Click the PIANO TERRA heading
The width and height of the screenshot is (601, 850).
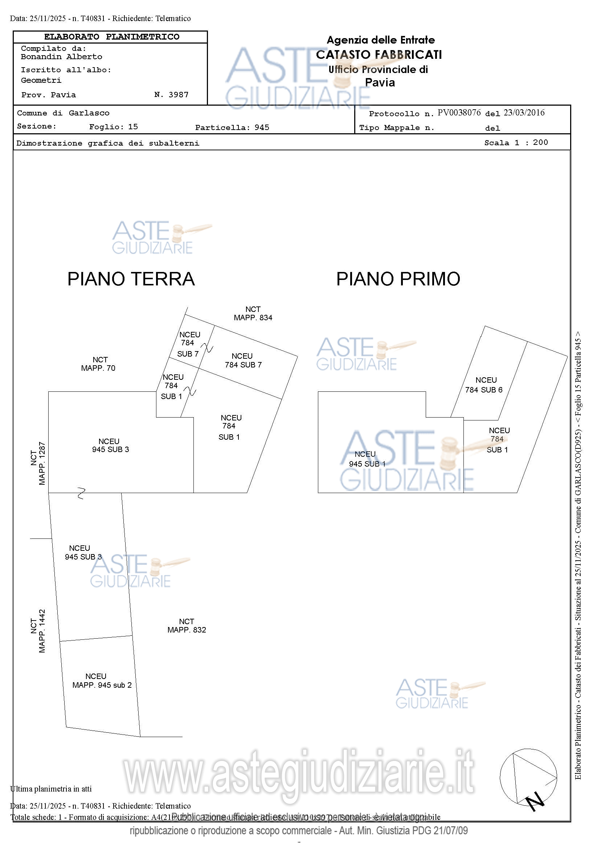(131, 279)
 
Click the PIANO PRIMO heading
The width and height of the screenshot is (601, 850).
(398, 279)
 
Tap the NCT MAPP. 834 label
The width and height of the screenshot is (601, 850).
(253, 313)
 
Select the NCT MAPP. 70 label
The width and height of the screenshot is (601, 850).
(99, 364)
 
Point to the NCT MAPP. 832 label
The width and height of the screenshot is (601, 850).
(187, 626)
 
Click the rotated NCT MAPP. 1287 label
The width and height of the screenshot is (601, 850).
(38, 463)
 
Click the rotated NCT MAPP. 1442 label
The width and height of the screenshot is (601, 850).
(38, 631)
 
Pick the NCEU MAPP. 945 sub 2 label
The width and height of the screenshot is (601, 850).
(102, 680)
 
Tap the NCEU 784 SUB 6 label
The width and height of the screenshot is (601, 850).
(484, 385)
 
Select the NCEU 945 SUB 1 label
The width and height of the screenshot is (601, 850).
(367, 459)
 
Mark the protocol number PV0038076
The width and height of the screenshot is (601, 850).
(459, 113)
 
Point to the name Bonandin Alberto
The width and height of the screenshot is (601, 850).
(61, 57)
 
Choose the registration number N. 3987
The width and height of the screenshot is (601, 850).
(171, 95)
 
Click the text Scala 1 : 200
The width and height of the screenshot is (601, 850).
(516, 143)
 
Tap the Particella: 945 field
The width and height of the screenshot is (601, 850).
(232, 127)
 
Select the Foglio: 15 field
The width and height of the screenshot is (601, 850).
(113, 127)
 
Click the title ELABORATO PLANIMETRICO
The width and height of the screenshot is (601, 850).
(112, 37)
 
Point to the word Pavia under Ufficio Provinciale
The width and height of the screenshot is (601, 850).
(380, 82)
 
